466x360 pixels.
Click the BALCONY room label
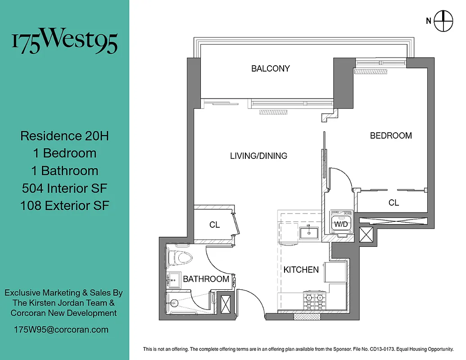click(270, 69)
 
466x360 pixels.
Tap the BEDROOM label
click(391, 135)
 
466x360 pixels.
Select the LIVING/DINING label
click(258, 156)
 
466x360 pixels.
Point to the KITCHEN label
click(301, 270)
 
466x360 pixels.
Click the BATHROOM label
click(206, 279)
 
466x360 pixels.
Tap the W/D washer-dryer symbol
click(340, 223)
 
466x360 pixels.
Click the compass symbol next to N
click(443, 20)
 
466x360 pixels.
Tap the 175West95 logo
click(64, 42)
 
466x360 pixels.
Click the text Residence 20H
click(64, 136)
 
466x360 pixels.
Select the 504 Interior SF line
click(64, 188)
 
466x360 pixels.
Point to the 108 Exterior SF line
click(64, 206)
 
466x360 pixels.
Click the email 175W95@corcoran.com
click(61, 329)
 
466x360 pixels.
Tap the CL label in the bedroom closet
click(394, 203)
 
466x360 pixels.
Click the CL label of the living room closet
click(214, 225)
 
